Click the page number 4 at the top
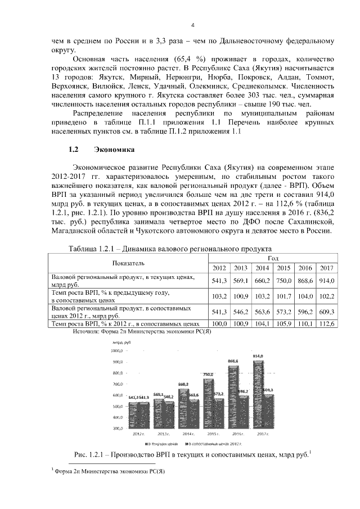click(x=192, y=25)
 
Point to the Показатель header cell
click(x=128, y=262)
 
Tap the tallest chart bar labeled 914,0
click(x=258, y=394)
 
